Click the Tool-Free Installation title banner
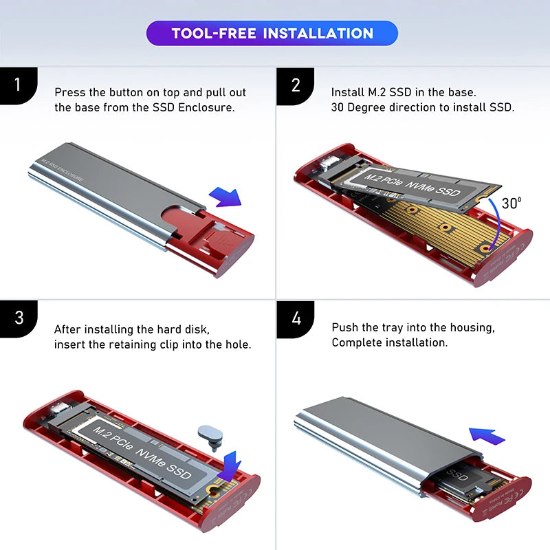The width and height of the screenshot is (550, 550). [x=272, y=33]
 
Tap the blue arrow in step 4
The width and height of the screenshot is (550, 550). [x=487, y=434]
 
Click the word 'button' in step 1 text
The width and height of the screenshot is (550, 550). [x=133, y=92]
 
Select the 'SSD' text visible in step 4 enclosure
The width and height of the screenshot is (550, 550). [x=457, y=474]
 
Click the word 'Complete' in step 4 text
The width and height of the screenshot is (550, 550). [x=357, y=342]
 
